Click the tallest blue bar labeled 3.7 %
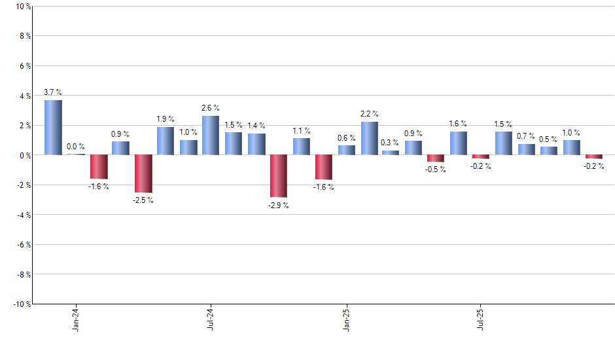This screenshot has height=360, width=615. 53,128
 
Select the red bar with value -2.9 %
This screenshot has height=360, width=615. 278,176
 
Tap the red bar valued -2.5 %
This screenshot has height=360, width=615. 143,173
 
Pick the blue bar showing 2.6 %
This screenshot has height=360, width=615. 211,135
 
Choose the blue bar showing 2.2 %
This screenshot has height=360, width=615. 369,138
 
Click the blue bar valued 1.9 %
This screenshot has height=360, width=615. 166,141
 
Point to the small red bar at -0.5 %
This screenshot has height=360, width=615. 436,158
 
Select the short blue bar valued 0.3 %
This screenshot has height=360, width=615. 391,153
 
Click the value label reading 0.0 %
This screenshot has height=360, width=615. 76,147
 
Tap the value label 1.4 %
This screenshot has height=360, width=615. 256,126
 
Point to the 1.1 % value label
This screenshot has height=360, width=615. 302,130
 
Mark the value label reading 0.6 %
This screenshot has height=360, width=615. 347,138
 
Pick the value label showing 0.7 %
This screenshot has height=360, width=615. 526,136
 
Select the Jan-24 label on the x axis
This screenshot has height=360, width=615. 77,320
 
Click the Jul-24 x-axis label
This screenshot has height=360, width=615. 211,320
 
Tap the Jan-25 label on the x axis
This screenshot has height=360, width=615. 347,320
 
